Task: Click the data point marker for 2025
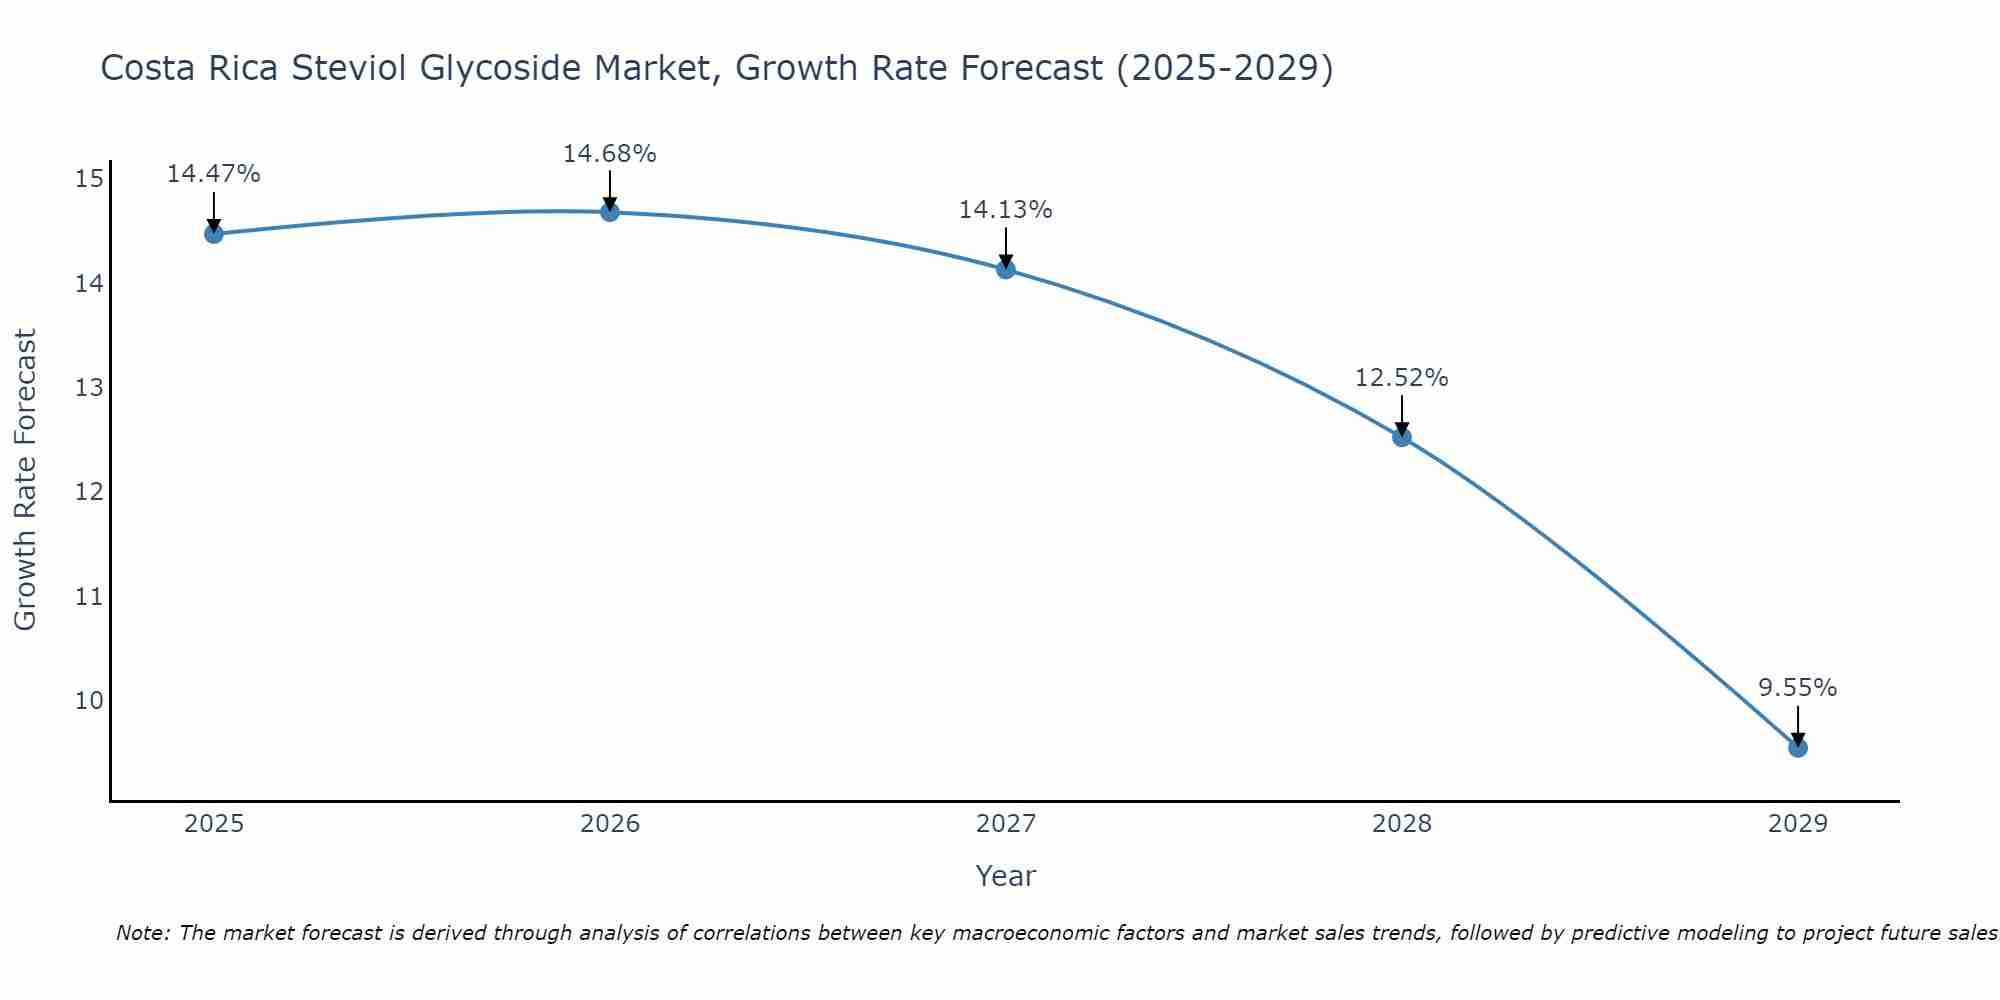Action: pyautogui.click(x=213, y=234)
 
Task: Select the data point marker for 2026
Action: pyautogui.click(x=609, y=212)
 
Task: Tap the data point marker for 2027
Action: pyautogui.click(x=1005, y=269)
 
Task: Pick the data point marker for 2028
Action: pyautogui.click(x=1401, y=437)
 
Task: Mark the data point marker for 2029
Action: pyautogui.click(x=1797, y=747)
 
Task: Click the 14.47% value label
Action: pyautogui.click(x=213, y=174)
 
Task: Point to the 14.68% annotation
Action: pyautogui.click(x=609, y=154)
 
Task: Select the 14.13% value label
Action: pyautogui.click(x=1005, y=210)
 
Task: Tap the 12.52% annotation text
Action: pyautogui.click(x=1401, y=378)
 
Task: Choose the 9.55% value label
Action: pyautogui.click(x=1797, y=688)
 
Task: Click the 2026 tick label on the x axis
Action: pyautogui.click(x=610, y=824)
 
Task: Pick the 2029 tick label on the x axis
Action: pyautogui.click(x=1797, y=824)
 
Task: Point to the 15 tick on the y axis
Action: pyautogui.click(x=89, y=179)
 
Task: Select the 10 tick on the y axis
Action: pyautogui.click(x=89, y=700)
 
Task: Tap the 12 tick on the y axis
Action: pyautogui.click(x=89, y=492)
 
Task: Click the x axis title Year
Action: pyautogui.click(x=1005, y=876)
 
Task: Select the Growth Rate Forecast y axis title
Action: pyautogui.click(x=26, y=480)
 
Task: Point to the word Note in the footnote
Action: pyautogui.click(x=142, y=933)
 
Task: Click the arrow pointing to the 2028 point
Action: pyautogui.click(x=1401, y=416)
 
